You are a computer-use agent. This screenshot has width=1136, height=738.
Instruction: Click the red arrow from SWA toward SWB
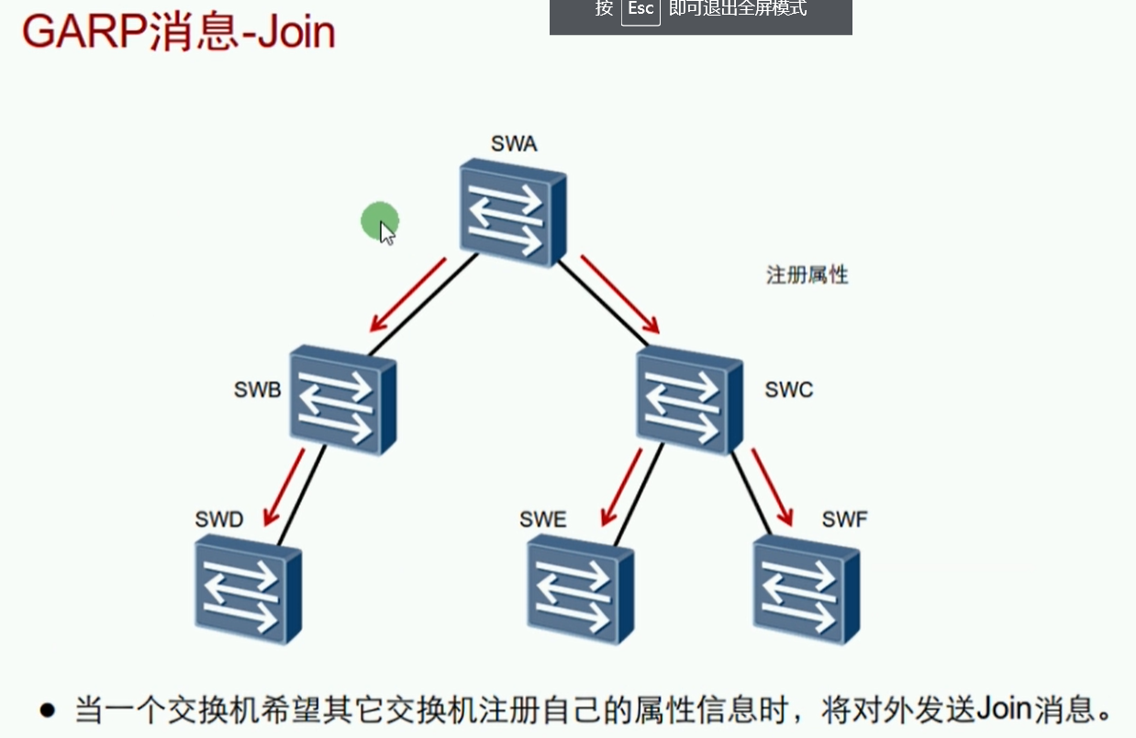[407, 296]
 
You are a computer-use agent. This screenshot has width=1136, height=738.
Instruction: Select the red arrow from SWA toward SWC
[620, 294]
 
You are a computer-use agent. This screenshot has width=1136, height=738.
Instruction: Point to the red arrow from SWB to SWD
[284, 486]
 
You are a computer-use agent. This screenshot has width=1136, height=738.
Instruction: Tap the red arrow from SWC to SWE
[621, 486]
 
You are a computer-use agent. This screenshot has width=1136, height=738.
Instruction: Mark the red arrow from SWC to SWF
[772, 486]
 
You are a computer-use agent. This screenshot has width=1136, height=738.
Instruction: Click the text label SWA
[514, 144]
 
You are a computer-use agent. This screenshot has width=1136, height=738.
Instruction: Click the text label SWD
[219, 520]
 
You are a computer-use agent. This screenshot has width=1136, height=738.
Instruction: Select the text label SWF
[844, 520]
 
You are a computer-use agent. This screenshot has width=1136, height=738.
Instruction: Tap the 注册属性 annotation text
[807, 274]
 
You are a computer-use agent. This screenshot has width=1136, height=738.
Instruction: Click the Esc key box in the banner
[640, 9]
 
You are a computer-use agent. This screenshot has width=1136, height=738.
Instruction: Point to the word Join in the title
[295, 32]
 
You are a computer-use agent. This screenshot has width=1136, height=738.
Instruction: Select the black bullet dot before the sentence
[48, 710]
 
